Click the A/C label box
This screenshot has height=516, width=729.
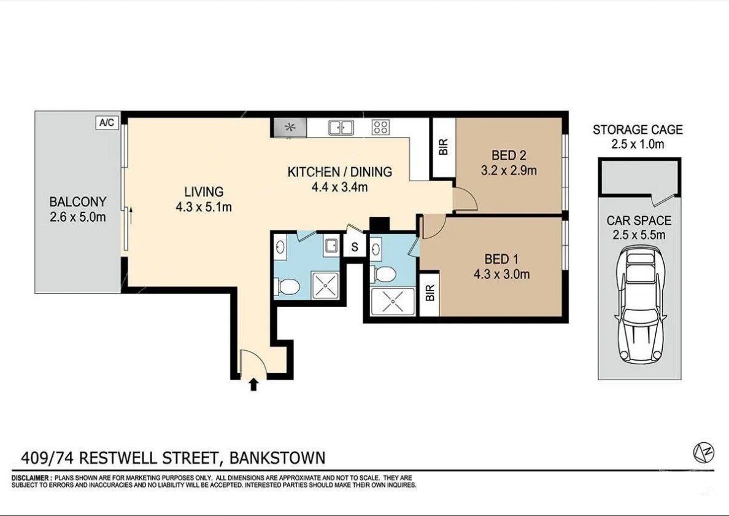click(106, 123)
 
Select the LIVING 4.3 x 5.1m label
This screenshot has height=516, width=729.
click(203, 199)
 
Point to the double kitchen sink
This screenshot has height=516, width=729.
click(341, 127)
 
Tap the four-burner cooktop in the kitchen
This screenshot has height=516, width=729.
click(380, 127)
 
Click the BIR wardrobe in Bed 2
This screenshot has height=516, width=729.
click(444, 146)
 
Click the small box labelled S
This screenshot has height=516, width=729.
click(355, 248)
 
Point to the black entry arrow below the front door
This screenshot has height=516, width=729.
click(254, 385)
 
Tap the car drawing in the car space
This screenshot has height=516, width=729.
click(640, 305)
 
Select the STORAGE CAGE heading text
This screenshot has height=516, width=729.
click(638, 130)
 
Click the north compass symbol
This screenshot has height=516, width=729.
click(703, 453)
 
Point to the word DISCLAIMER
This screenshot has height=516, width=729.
click(31, 478)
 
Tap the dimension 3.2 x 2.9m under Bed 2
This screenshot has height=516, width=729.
click(509, 170)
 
